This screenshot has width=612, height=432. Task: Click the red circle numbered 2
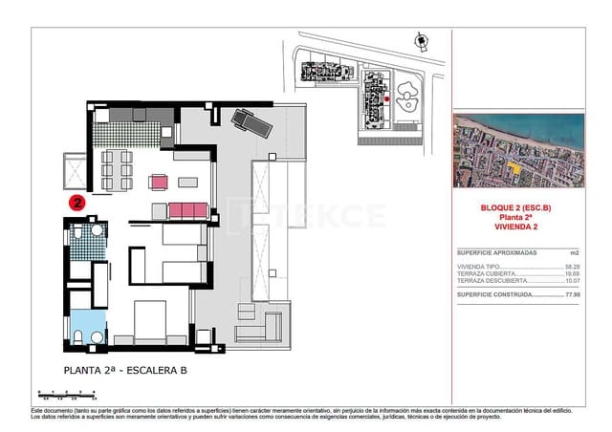(78, 202)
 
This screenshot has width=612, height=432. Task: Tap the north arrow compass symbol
(419, 39)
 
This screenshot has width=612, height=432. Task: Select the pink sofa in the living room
(187, 209)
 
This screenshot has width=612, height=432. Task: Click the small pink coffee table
(160, 181)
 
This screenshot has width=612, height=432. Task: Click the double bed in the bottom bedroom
(156, 323)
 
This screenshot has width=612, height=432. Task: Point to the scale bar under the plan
(62, 393)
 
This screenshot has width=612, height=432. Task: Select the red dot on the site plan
(385, 98)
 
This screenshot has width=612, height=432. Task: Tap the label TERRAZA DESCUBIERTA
(492, 280)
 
